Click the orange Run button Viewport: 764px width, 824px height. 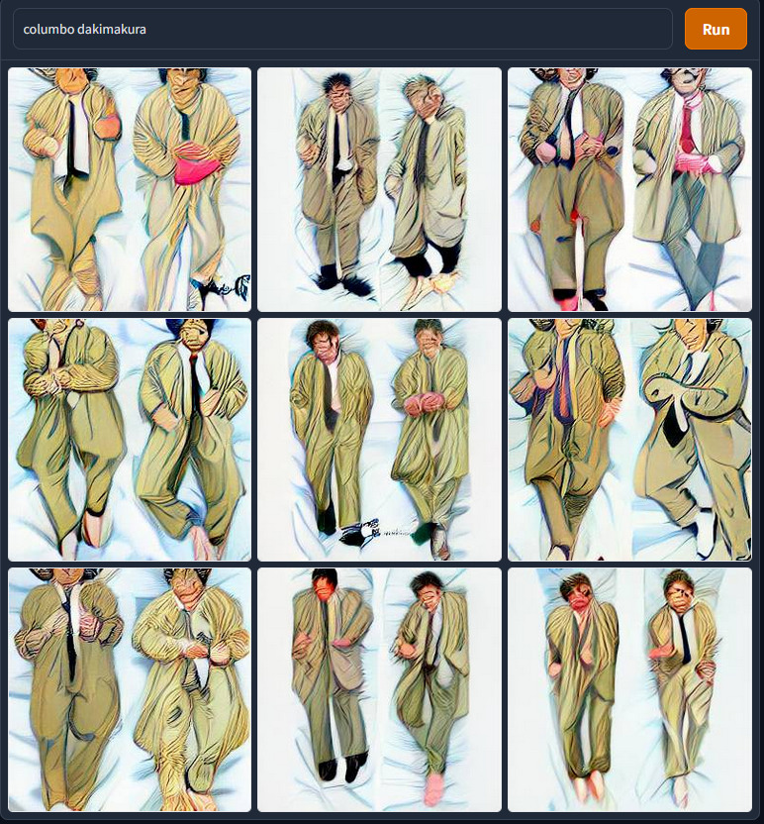coord(716,29)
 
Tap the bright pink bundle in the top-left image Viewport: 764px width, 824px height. coord(197,167)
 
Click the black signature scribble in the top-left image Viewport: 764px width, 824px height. coord(221,288)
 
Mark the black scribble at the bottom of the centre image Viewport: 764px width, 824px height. coord(362,532)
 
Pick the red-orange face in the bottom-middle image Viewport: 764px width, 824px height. coord(324,587)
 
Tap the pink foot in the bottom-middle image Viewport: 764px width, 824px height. coord(433,788)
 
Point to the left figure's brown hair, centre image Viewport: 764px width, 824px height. coord(322,332)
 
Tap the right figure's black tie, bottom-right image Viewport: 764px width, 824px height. coord(684,637)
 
